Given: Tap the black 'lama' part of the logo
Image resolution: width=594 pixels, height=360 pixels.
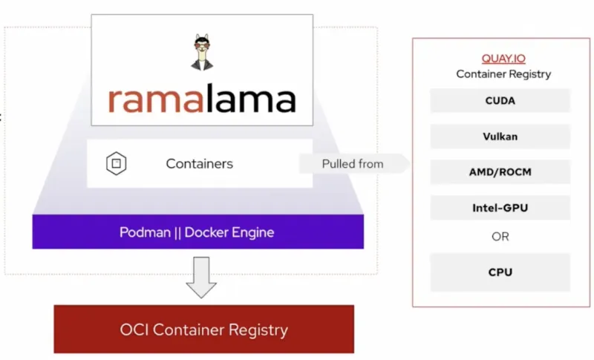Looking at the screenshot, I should click(x=249, y=99).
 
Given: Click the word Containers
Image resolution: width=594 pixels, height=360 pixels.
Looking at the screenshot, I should click(x=199, y=163).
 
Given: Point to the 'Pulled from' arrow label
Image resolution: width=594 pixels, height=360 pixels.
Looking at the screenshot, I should click(x=353, y=163).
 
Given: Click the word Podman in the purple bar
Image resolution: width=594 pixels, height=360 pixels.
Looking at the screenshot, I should click(x=143, y=232).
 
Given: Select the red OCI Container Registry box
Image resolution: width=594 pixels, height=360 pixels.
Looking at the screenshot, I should click(x=203, y=329).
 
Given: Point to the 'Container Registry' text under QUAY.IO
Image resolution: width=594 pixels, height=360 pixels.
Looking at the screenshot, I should click(x=503, y=74).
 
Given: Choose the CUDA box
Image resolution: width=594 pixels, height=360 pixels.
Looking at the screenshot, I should click(x=500, y=101).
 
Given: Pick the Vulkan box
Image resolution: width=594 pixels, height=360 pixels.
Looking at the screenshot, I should click(x=500, y=137).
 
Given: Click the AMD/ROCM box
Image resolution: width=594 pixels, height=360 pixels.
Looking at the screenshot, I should click(x=500, y=172).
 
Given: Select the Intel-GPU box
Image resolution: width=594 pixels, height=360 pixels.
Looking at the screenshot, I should click(x=500, y=208).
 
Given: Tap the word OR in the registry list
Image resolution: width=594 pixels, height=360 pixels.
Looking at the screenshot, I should click(x=500, y=237).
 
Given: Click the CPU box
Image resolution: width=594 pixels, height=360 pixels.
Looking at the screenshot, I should click(x=500, y=272).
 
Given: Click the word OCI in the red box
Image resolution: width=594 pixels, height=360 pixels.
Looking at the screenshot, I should click(x=134, y=329).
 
